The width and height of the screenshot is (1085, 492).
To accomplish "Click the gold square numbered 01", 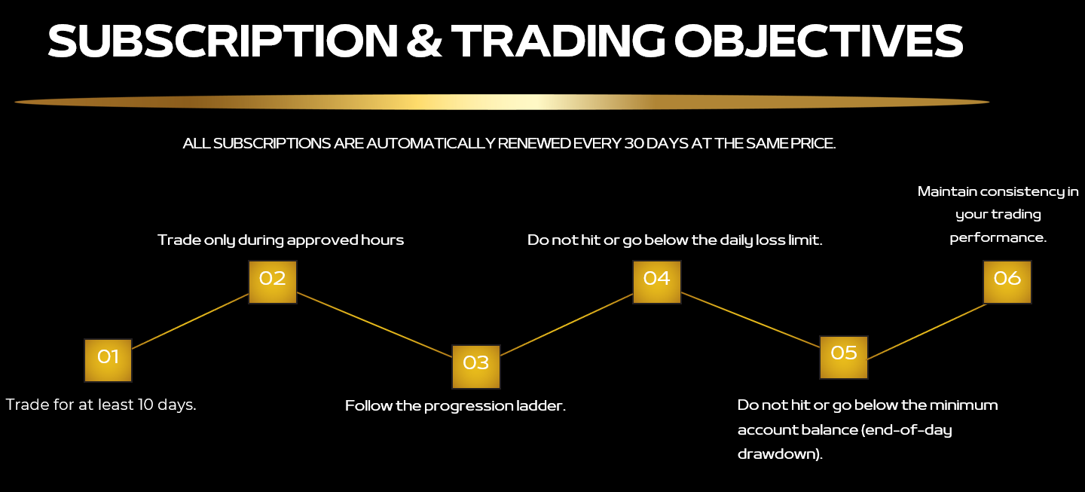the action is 108,360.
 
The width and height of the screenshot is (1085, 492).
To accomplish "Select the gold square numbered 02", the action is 273,283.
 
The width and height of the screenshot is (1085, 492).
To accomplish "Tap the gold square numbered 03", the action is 476,367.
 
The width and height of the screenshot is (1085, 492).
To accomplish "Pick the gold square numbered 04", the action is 657,283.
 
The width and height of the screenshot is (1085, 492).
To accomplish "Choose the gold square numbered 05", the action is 844,357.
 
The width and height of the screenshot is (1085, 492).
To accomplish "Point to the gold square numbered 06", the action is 1007,283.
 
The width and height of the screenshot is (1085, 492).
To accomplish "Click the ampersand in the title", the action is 424,41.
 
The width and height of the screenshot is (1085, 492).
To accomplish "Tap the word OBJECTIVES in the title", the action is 818,41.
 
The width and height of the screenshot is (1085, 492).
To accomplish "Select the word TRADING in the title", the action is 558,41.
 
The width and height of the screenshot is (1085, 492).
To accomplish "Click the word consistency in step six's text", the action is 1023,192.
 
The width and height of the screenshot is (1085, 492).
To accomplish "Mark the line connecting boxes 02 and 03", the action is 374,325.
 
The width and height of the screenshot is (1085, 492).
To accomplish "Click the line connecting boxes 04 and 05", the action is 750,319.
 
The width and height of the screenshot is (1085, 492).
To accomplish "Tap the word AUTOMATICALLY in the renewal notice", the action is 431,143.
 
